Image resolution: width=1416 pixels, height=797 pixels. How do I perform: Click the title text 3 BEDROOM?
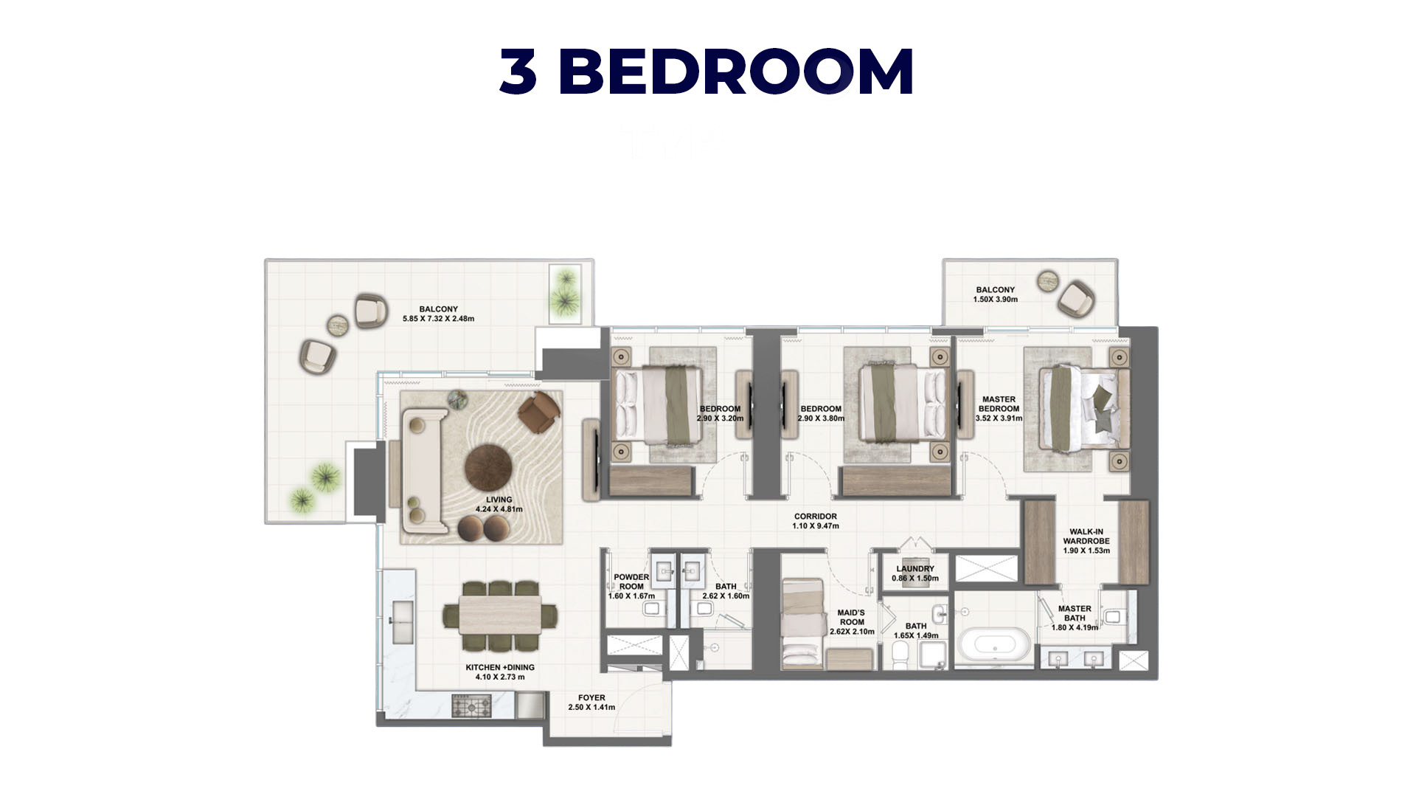point(707,71)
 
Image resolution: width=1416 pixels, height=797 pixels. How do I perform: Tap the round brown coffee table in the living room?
point(488,469)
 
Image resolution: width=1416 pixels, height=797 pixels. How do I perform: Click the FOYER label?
point(591,697)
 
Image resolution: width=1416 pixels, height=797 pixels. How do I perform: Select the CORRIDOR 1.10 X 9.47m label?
point(816,521)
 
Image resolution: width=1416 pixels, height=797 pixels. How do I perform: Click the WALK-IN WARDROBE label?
point(1086,536)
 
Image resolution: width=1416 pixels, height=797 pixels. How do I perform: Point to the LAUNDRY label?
point(915,569)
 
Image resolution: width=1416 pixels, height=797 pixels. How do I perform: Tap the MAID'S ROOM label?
point(851,617)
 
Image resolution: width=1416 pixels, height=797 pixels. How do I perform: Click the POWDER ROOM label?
point(631,582)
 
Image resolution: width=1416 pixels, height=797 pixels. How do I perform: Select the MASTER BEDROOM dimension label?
point(999,418)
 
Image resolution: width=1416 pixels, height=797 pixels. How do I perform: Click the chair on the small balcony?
point(1076,298)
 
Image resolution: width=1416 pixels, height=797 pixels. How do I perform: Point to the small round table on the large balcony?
point(338,325)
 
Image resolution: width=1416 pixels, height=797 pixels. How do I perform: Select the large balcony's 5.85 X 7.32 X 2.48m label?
point(438,319)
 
